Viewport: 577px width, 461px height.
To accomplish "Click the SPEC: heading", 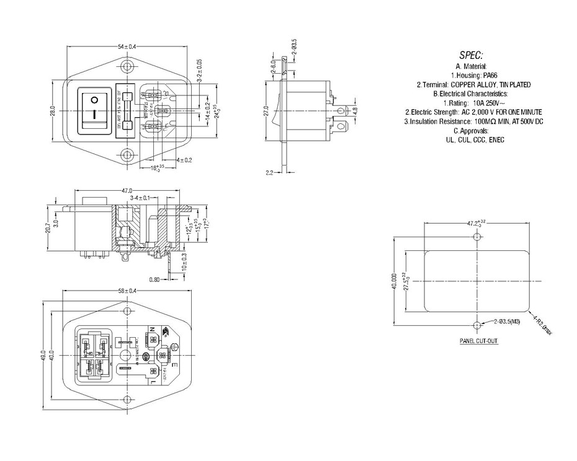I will (x=472, y=55).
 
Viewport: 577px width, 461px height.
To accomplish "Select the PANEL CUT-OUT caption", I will (x=478, y=341).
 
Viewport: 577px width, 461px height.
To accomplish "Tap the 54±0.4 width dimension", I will (x=127, y=47).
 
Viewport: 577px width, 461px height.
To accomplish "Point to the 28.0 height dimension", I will (x=53, y=110).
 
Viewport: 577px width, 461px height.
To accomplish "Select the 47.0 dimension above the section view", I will (x=127, y=191).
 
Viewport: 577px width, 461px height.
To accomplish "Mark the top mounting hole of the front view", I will (x=127, y=66).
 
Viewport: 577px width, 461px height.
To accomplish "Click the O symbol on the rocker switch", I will (x=94, y=100).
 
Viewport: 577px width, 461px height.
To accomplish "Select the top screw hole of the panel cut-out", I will (x=476, y=237).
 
